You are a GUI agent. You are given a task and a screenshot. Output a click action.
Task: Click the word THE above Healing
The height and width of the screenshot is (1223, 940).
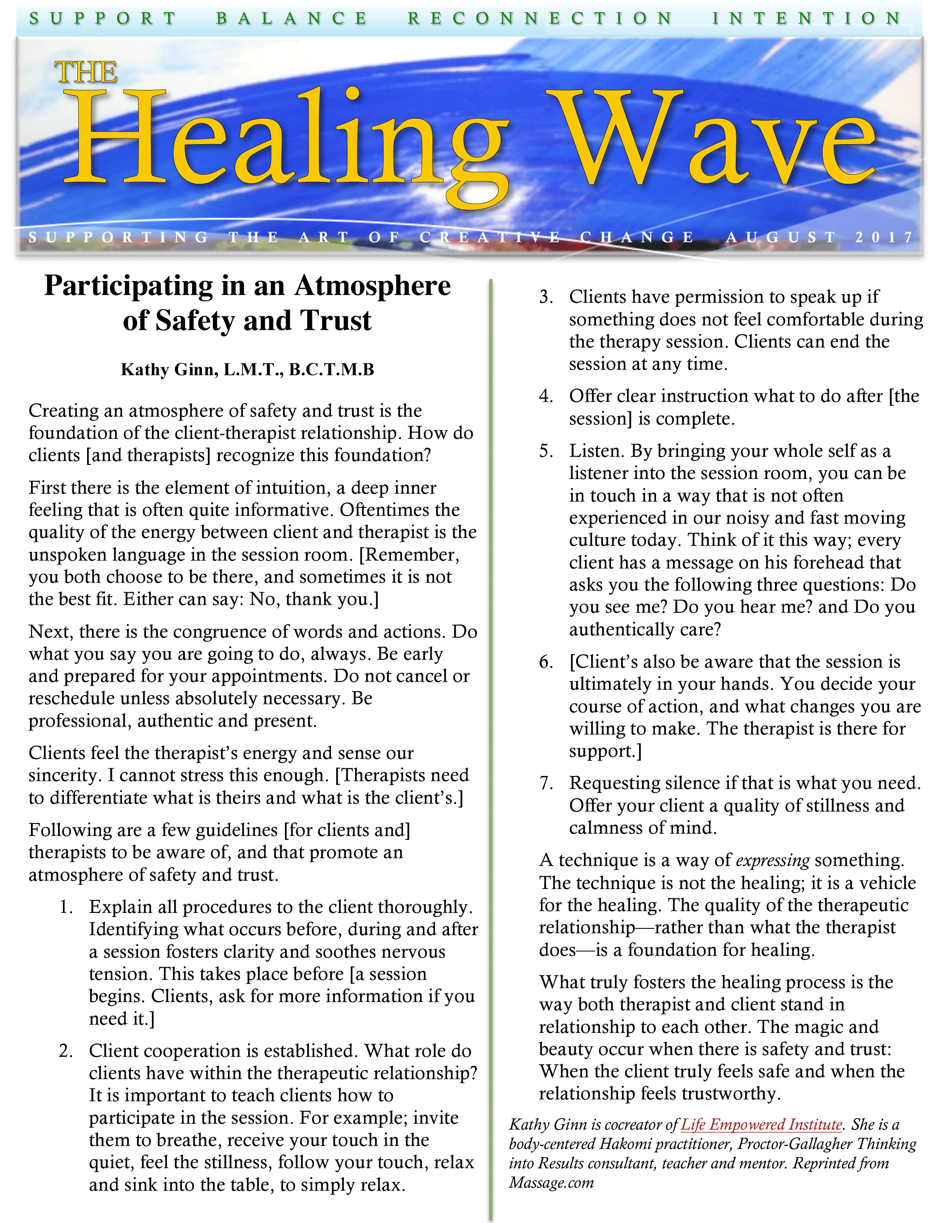pos(86,72)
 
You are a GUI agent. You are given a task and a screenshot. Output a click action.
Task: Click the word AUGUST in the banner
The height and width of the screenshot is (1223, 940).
pos(781,237)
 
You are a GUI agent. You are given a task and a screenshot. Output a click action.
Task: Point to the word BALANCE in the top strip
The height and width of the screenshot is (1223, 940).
pos(292,18)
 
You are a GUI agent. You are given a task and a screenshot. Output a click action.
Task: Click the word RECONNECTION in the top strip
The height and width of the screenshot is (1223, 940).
pos(540,18)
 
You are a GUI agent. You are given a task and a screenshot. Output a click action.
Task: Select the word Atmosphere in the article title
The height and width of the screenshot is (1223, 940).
pos(373,285)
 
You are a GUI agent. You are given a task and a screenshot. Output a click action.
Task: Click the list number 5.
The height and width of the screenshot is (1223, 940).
pos(546,451)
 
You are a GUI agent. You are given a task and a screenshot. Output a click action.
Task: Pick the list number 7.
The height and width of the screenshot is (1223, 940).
pos(546,783)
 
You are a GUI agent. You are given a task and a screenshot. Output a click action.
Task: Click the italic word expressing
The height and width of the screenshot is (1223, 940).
pos(772,861)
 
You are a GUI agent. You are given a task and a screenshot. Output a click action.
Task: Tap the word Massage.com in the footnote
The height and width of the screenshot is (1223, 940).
pos(551,1183)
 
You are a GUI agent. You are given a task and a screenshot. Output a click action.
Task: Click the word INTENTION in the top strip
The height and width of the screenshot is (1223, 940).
pos(806,18)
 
